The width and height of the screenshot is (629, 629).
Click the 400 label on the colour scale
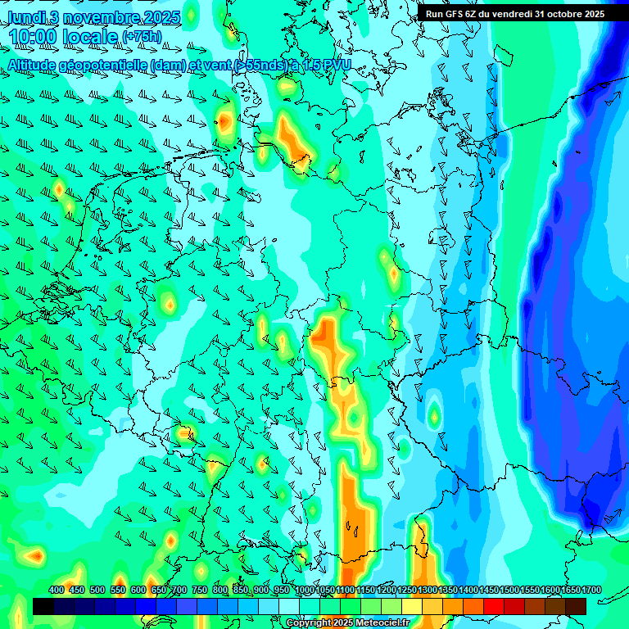point(57,590)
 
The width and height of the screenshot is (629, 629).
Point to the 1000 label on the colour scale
point(305,590)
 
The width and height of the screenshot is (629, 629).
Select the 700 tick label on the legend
point(179,590)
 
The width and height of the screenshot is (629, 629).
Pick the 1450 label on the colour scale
point(489,590)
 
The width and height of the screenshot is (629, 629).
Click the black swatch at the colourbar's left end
point(43,606)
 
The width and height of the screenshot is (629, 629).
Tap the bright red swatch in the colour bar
point(494,606)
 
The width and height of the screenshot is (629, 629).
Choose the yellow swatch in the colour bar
point(412,606)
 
